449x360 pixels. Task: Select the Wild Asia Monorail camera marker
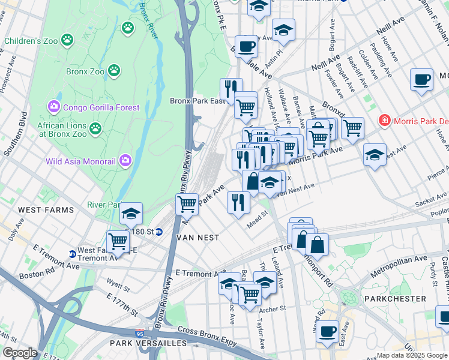point(125,160)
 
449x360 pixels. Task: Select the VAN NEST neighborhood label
point(196,238)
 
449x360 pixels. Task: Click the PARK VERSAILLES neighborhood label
point(148,343)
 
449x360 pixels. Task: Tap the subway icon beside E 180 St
point(158,232)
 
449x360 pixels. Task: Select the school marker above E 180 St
point(130,214)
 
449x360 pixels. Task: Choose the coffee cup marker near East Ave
point(327,331)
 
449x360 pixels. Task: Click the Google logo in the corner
point(19,353)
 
